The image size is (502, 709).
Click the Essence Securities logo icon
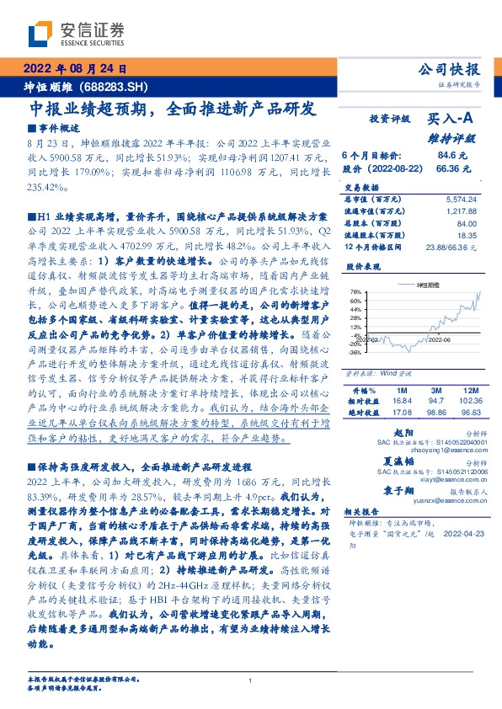(x=40, y=32)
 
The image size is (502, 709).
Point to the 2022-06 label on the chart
(x=441, y=339)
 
